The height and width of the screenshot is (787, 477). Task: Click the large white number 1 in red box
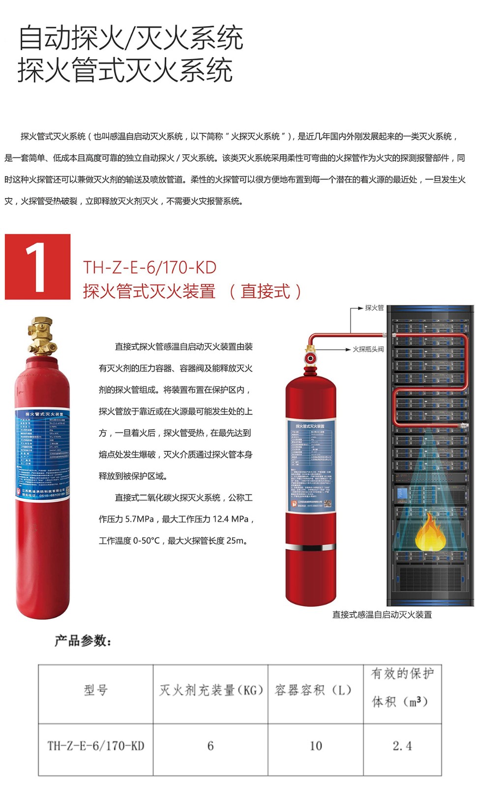coord(36,267)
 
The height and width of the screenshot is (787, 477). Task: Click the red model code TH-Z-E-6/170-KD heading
coord(149,268)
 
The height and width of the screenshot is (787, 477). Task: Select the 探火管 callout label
coord(374,308)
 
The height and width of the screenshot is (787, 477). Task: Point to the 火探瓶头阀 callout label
coord(368,349)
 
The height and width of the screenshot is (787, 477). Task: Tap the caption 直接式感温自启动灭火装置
coord(382,614)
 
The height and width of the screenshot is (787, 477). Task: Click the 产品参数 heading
coord(83,641)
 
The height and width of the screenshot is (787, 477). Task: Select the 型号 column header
coord(96,690)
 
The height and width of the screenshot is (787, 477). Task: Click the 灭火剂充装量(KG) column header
coord(211,690)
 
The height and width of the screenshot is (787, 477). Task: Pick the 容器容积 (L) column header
coord(314,690)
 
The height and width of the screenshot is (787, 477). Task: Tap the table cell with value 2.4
coord(402,746)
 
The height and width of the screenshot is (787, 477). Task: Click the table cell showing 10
coord(316,746)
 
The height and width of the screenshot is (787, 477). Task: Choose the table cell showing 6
coord(210,746)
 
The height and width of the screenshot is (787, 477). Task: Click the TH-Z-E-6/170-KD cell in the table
coord(96,746)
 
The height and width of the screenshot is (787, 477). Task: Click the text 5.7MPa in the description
coord(140,519)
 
